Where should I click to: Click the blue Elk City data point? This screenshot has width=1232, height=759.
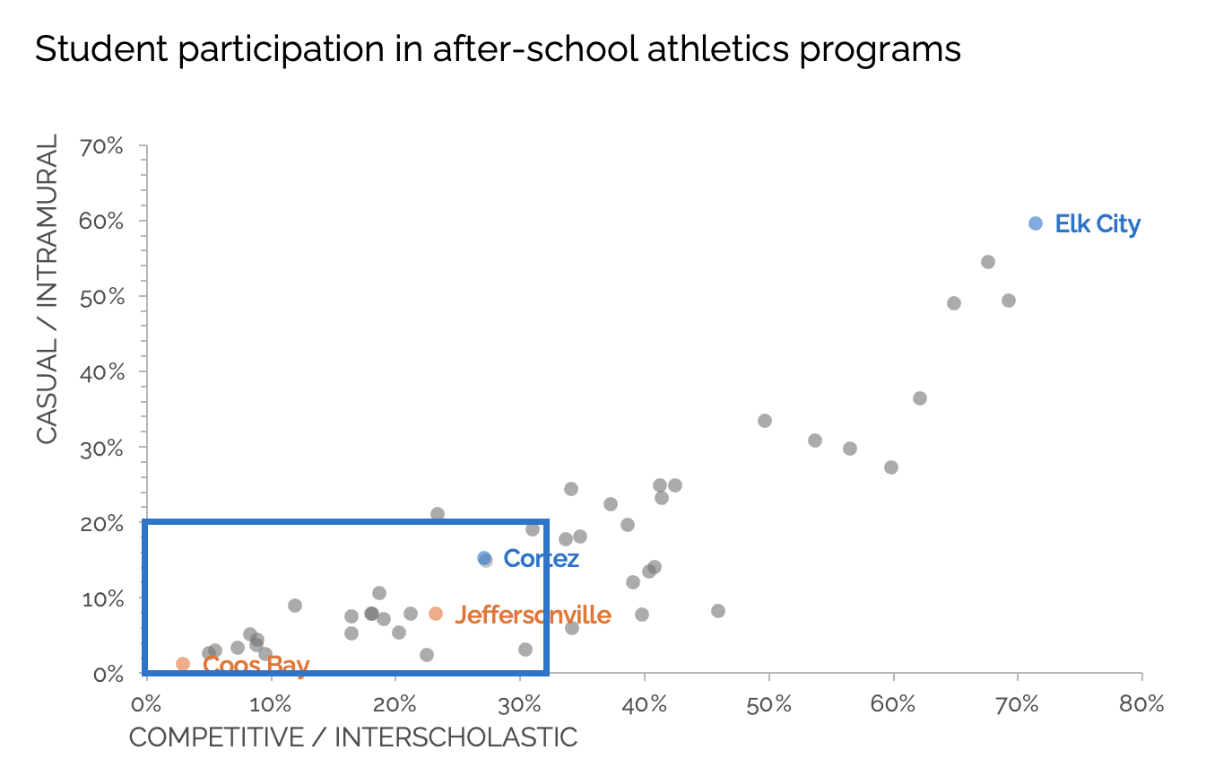pyautogui.click(x=1035, y=223)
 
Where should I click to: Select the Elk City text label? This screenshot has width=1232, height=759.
pyautogui.click(x=1097, y=223)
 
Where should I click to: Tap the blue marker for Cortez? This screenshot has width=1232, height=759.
pyautogui.click(x=484, y=558)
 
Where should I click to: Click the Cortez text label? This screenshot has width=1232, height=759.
pyautogui.click(x=541, y=558)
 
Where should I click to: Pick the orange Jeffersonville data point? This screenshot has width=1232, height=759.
pyautogui.click(x=436, y=614)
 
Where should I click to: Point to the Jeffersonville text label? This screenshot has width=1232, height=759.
pyautogui.click(x=533, y=615)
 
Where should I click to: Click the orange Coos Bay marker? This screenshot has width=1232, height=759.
pyautogui.click(x=183, y=664)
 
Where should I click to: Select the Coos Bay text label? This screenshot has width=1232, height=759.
pyautogui.click(x=256, y=664)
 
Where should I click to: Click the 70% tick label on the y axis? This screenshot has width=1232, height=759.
pyautogui.click(x=101, y=145)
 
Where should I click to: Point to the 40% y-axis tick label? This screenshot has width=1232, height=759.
pyautogui.click(x=101, y=371)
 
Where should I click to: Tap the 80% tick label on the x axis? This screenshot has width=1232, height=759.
pyautogui.click(x=1141, y=704)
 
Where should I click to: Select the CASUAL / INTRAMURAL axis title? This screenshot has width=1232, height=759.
pyautogui.click(x=47, y=288)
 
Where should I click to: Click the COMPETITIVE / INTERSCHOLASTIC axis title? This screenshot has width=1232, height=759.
pyautogui.click(x=353, y=737)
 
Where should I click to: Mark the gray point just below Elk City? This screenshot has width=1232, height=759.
pyautogui.click(x=987, y=262)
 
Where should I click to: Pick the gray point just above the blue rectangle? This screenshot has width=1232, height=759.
pyautogui.click(x=438, y=514)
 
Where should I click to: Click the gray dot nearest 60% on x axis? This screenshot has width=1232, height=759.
pyautogui.click(x=890, y=467)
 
